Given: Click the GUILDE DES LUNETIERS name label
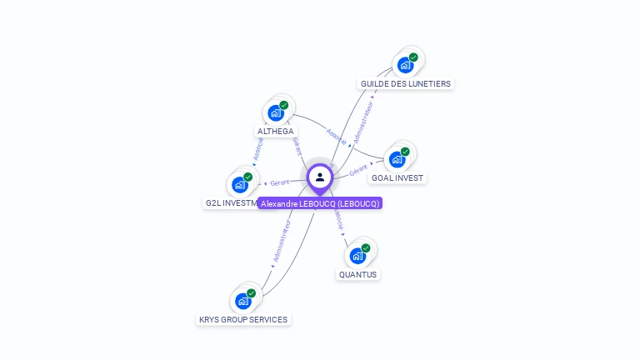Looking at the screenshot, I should coord(406,83).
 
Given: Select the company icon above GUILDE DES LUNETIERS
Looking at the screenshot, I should coord(405,65).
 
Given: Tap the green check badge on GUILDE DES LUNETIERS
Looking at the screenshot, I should coord(413,57).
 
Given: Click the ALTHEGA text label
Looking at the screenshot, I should coord(275,132).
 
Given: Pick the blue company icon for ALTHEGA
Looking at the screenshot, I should coord(275,113).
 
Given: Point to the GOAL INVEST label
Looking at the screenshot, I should coord(397,177).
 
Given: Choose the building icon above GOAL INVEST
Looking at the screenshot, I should coord(397,159).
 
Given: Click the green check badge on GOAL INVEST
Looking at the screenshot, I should coord(405,152).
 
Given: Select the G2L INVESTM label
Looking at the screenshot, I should coord(231,202).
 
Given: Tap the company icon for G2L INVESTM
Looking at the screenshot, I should coord(240,184).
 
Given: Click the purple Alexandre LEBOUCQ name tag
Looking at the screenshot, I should coord(320,203).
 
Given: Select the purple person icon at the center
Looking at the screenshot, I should coord(320,177).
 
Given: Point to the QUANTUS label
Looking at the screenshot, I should coord(357,274).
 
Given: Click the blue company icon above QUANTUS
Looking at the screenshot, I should coord(357,256).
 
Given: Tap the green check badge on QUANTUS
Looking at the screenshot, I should coord(366,248).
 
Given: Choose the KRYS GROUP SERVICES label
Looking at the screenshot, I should coord(243,319).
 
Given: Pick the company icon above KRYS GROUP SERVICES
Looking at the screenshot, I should coord(243,301).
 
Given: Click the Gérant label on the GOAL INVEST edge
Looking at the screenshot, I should coord(358,171).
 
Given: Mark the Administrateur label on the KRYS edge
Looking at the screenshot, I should coord(281,242).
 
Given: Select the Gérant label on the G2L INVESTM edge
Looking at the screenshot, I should coord(279,182).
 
